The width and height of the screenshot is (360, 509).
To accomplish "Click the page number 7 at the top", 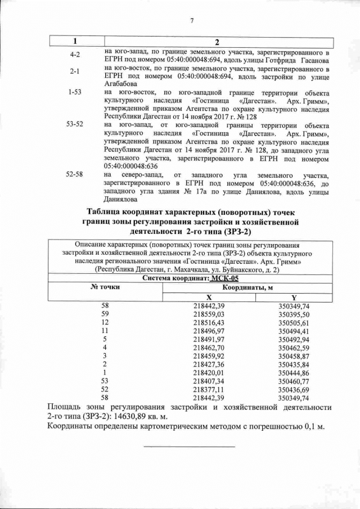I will click(192, 21).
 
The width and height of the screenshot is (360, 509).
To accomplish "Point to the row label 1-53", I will click(74, 92).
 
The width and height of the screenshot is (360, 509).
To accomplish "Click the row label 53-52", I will click(74, 123).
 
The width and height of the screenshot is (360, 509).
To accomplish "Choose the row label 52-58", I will click(74, 174).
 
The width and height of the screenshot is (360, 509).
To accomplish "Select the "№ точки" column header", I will click(105, 287).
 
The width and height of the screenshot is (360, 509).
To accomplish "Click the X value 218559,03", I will click(208, 314).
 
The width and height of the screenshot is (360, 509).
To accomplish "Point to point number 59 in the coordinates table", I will click(105, 314).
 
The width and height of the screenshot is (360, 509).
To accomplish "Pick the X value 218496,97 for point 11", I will click(208, 331).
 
